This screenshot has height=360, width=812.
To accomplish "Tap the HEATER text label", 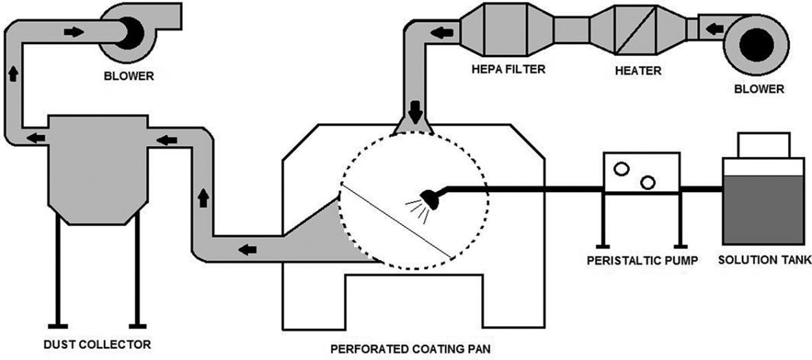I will coord(639,70).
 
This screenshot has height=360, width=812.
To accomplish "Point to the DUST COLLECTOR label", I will coord(94,342).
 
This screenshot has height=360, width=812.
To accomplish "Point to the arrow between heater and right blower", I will coord(715,29).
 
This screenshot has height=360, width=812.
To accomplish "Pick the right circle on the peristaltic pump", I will coord(647,182).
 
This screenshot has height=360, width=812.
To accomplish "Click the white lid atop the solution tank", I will coord(763,145).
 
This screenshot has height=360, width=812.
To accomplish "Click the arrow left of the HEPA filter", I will coord(436,31).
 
